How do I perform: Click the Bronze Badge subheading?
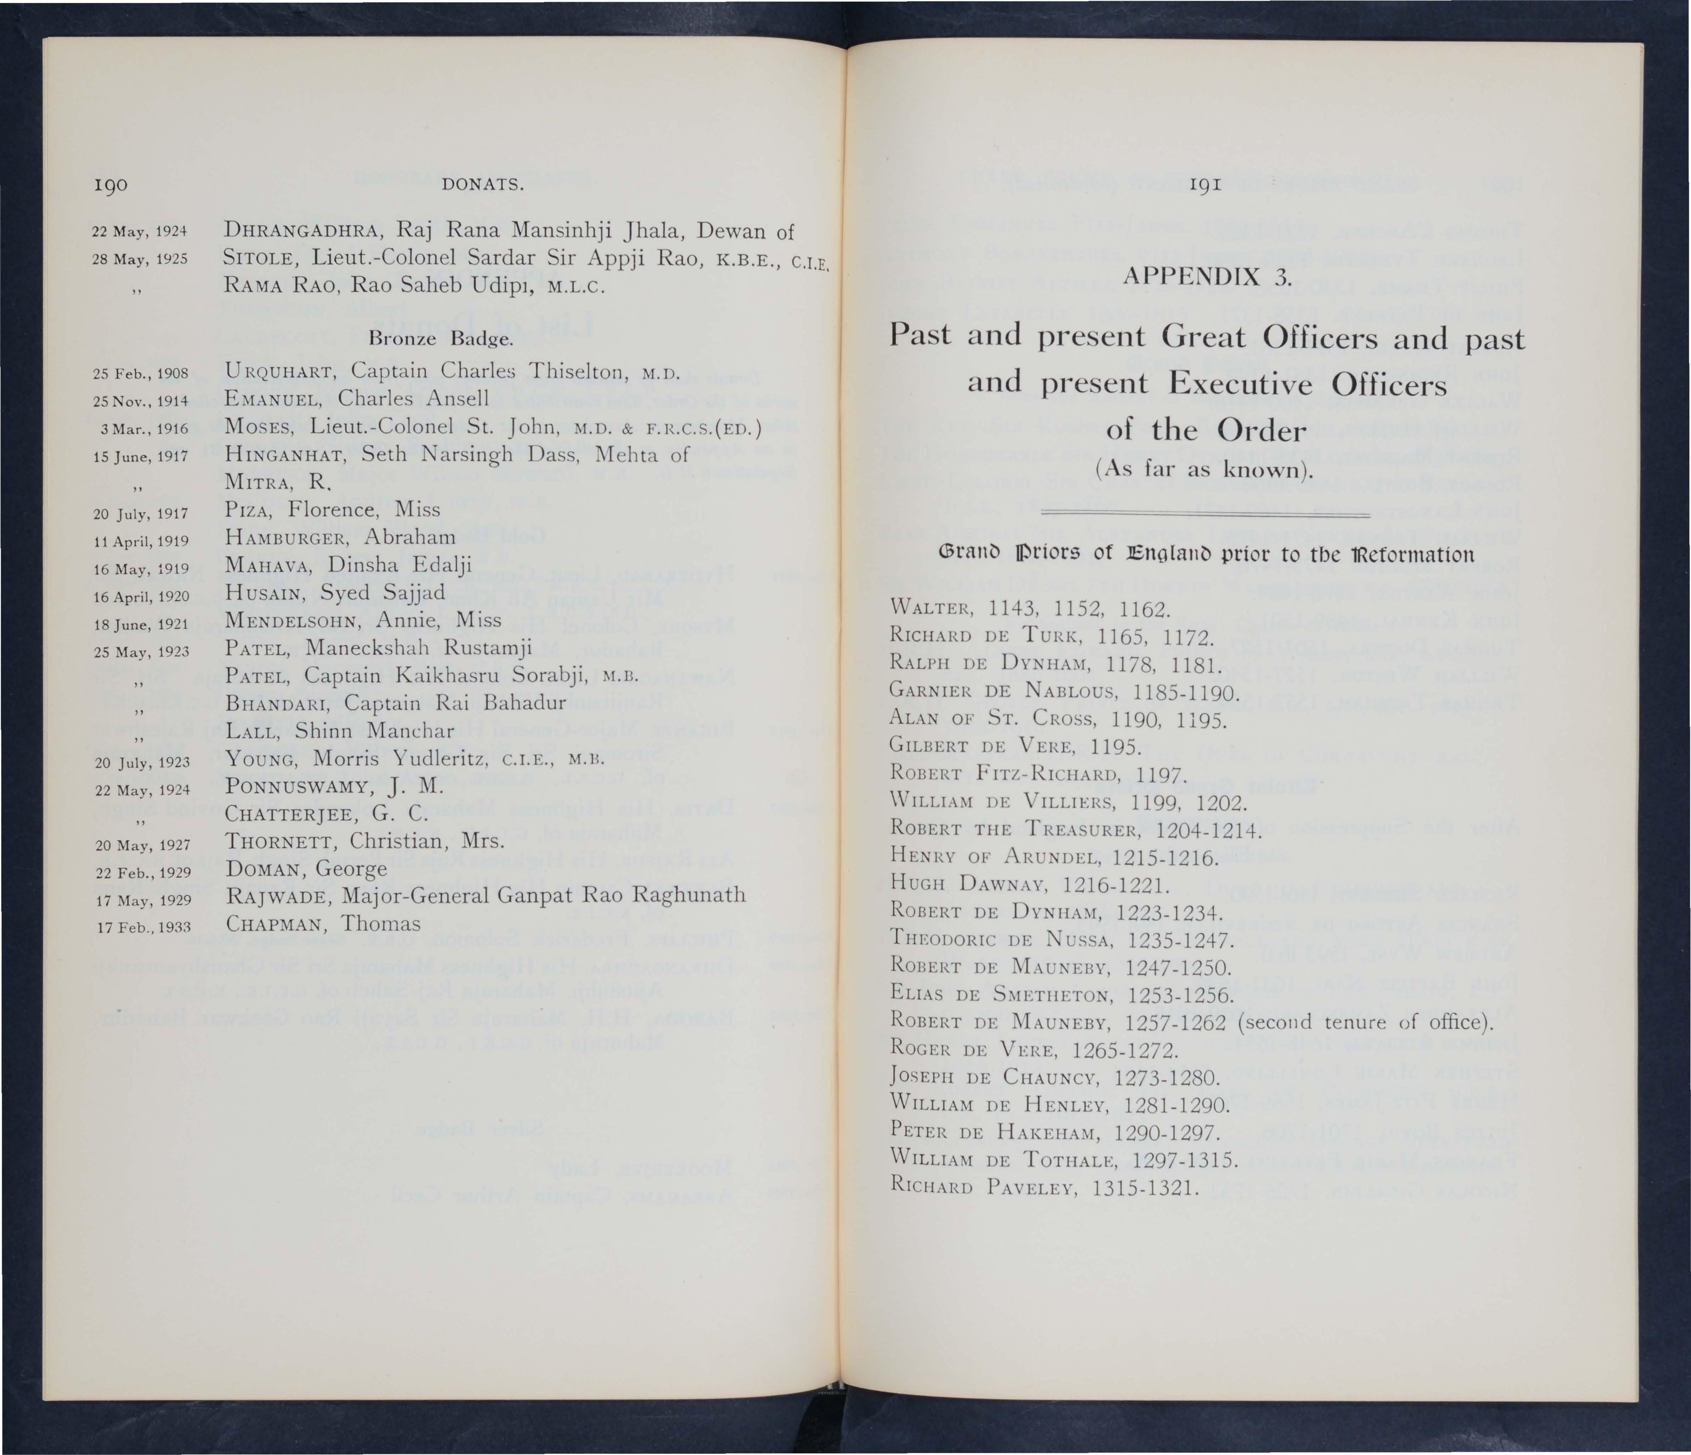point(441,338)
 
